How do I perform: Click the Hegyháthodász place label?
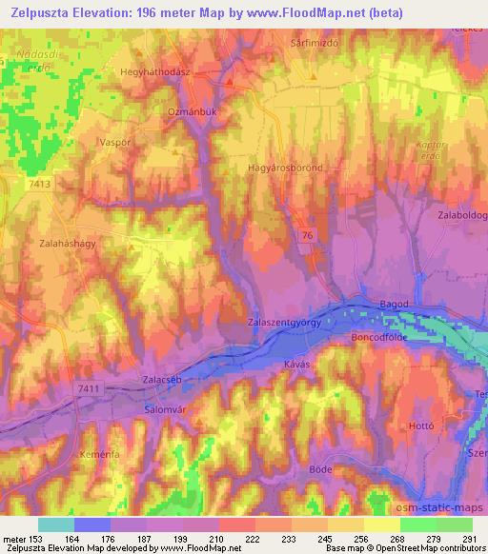pos(156,71)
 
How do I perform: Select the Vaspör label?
pos(113,140)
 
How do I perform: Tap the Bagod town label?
pos(395,304)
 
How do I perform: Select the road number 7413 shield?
pos(40,182)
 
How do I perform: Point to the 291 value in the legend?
pos(466,539)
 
